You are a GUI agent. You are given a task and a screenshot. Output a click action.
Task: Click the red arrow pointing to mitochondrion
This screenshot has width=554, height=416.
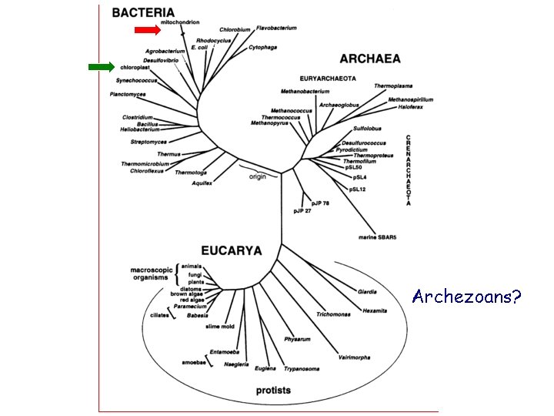146,30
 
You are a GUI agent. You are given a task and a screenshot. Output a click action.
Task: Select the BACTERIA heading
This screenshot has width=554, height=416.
142,12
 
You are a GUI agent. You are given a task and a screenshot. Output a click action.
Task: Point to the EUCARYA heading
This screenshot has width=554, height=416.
231,250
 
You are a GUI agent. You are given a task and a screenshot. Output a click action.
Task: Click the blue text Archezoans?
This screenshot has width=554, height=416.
466,296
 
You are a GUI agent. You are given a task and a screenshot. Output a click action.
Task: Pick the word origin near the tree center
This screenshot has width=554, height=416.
257,176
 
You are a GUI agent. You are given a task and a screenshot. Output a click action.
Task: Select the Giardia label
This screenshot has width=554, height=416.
367,292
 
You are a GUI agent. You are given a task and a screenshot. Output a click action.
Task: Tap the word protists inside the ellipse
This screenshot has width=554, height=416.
273,390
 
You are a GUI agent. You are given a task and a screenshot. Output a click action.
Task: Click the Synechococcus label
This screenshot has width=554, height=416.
136,80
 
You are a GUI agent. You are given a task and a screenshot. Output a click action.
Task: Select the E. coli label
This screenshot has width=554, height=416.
199,47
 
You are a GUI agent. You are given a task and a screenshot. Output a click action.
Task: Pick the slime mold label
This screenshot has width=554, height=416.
219,326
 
